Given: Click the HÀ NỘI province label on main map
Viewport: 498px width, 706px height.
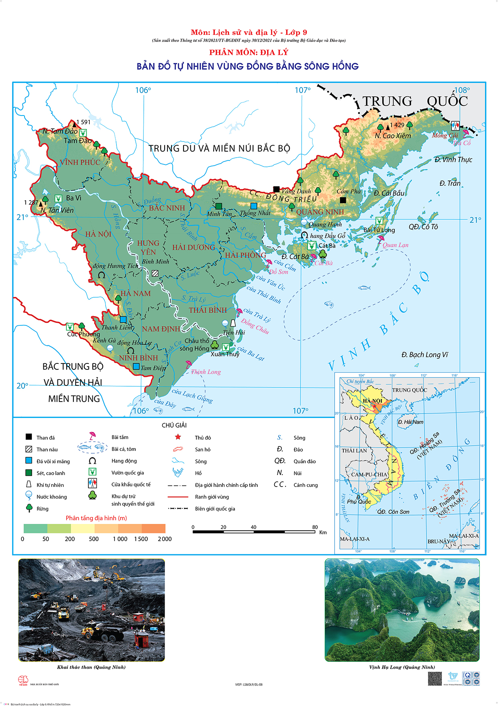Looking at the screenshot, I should [98, 234].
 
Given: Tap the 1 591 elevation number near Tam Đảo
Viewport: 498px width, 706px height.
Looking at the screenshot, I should [83, 122].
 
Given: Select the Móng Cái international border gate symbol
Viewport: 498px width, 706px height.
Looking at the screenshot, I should [455, 125].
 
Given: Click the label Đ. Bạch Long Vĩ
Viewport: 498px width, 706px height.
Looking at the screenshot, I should [425, 355].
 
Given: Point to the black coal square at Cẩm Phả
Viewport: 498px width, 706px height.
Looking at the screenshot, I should [343, 200].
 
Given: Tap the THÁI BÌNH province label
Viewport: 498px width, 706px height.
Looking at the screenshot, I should [208, 310].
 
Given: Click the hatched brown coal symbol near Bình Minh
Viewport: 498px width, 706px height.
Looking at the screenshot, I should [155, 273].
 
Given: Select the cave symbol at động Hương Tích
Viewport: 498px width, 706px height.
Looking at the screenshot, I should [102, 275].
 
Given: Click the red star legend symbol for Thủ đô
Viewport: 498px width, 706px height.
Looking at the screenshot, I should [178, 437].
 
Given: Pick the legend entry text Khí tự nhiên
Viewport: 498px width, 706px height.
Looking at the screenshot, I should [50, 485].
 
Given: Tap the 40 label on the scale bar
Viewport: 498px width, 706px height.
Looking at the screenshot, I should [253, 527].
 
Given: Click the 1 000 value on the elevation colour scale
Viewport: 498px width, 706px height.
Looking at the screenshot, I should [120, 539].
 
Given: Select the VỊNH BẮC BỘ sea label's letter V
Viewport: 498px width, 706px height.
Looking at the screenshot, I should [332, 366].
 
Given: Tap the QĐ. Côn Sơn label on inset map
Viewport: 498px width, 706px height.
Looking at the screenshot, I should [393, 512].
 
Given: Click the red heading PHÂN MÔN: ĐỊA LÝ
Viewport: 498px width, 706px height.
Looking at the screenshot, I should [249, 52].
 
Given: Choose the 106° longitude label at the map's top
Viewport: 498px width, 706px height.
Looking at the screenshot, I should [143, 90].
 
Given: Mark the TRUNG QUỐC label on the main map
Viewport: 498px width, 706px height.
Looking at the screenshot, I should [415, 101].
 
